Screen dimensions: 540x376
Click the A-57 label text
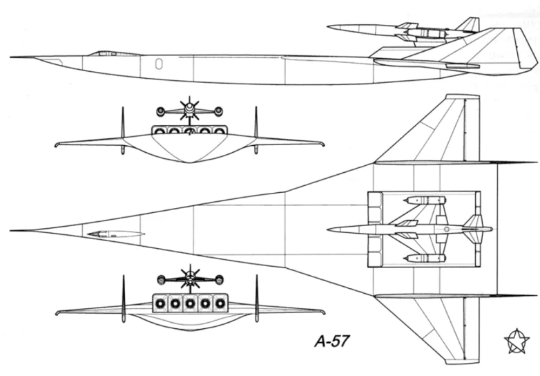(x=332, y=341)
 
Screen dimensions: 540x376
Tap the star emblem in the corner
(x=517, y=341)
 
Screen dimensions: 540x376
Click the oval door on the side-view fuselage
(x=159, y=64)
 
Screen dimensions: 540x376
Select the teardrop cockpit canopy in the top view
(x=116, y=234)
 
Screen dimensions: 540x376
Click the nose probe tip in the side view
(x=11, y=57)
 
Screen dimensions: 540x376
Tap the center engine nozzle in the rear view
(x=190, y=303)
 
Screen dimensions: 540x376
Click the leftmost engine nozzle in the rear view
(x=160, y=303)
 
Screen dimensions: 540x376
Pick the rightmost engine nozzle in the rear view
(x=220, y=303)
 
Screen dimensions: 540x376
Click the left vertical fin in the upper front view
(x=123, y=129)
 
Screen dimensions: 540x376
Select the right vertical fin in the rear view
(x=257, y=298)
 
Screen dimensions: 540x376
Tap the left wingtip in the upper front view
(x=57, y=144)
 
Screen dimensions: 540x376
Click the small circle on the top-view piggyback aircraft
(x=447, y=229)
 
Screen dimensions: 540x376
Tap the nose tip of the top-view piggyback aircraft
(x=328, y=229)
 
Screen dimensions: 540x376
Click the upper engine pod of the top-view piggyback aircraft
(x=425, y=200)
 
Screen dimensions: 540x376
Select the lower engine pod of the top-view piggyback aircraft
(x=425, y=258)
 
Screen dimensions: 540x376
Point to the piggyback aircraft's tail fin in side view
(x=469, y=24)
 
